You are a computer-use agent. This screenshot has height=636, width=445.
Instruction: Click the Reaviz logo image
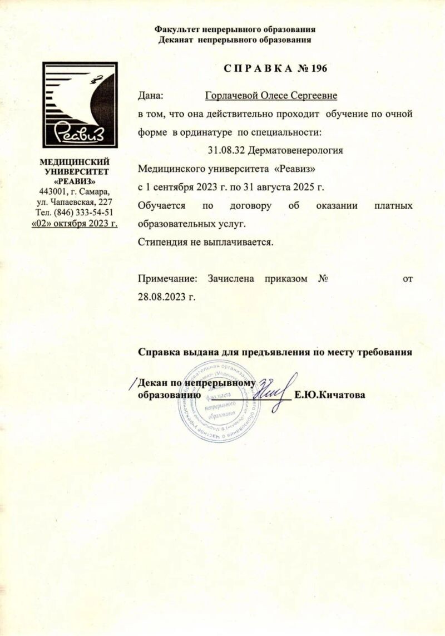[x=80, y=105]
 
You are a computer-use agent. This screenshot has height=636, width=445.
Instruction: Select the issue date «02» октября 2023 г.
[x=74, y=224]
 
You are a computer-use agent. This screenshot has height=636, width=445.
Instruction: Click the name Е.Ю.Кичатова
[x=332, y=396]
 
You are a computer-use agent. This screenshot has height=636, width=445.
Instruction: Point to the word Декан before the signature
[x=152, y=383]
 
